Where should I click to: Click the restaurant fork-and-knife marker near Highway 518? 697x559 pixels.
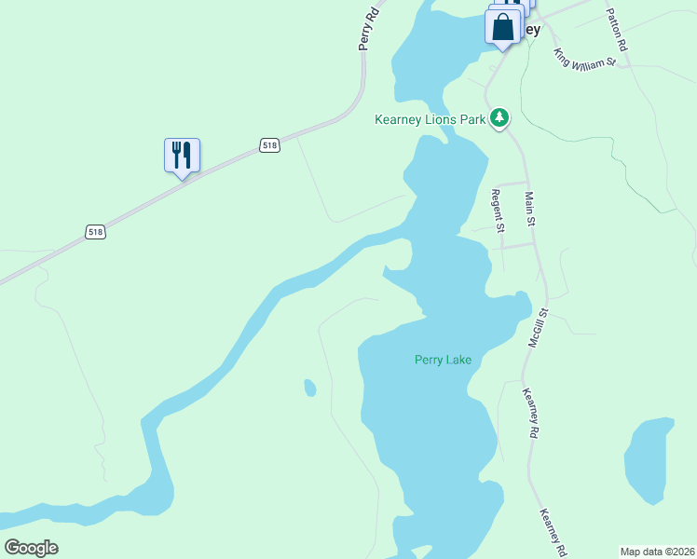click(183, 156)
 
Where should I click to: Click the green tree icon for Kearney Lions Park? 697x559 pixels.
click(500, 117)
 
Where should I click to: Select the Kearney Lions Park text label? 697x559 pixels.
click(430, 119)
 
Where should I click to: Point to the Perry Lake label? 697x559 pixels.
click(443, 360)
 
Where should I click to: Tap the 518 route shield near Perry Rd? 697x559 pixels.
click(269, 145)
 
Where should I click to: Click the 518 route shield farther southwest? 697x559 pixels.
click(95, 231)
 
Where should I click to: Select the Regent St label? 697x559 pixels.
click(498, 210)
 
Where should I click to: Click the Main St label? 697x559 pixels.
click(530, 209)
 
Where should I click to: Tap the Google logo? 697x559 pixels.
click(31, 548)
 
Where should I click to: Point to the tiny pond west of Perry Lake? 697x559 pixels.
click(310, 387)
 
